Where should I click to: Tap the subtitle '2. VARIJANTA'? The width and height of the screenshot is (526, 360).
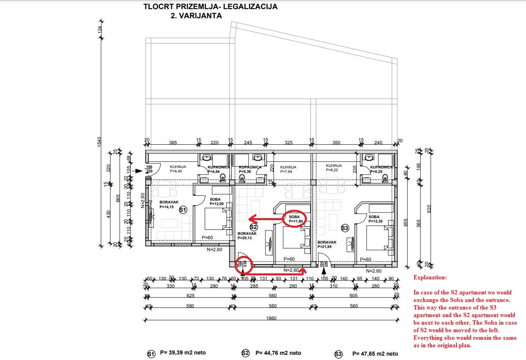pos(196,16)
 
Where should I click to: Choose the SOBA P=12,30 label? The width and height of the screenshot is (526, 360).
pos(375,219)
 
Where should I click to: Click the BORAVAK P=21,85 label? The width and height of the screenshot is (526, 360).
pos(327,244)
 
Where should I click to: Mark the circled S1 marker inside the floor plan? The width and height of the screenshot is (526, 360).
pos(183,210)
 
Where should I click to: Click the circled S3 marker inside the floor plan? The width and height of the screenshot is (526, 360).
pos(345,228)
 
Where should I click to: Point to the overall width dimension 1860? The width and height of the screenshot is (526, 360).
pos(272,318)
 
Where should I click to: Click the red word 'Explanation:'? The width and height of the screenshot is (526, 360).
pos(430,277)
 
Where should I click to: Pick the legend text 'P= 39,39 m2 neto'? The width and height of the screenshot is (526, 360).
pos(183,352)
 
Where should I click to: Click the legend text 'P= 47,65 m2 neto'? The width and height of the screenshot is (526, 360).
pos(375,354)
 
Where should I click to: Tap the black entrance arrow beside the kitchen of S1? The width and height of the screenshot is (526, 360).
pos(138,171)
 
